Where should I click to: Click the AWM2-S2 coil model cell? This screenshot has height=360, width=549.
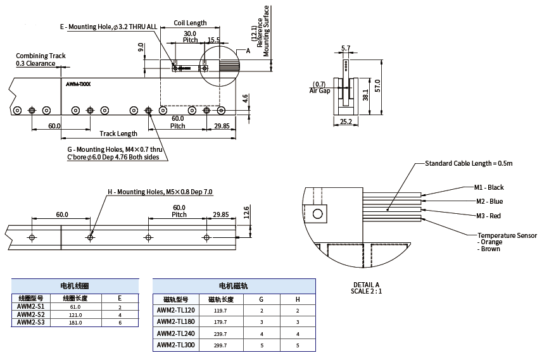[31, 314]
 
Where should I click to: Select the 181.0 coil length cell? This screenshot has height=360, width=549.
[75, 323]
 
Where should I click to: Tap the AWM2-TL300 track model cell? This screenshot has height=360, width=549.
[176, 346]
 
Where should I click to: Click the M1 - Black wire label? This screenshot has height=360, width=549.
[489, 187]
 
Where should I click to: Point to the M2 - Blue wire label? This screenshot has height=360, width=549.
[488, 201]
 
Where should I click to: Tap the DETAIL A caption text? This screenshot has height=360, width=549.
[365, 285]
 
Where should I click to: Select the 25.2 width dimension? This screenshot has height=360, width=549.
[346, 121]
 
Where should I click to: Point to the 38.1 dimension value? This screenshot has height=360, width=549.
[365, 96]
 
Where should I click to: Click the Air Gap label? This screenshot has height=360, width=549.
[320, 91]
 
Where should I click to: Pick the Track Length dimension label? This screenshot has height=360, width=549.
[118, 133]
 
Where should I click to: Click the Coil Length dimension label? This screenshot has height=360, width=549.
[190, 23]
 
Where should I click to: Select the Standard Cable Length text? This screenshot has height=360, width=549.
[468, 163]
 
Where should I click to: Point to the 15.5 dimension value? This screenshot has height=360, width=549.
[213, 40]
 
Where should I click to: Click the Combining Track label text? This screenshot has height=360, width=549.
[41, 56]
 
